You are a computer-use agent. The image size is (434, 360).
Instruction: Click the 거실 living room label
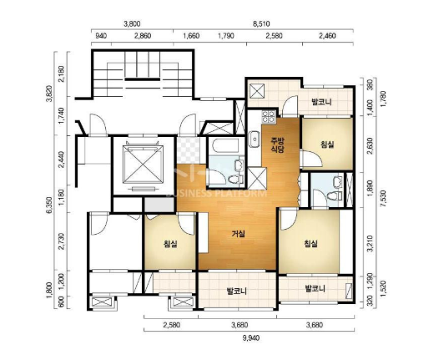[239, 234]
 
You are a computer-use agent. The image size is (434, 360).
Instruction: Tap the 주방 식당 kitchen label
[277, 145]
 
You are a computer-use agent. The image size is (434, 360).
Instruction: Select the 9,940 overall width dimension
[251, 338]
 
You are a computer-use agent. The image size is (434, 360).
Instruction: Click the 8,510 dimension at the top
[261, 24]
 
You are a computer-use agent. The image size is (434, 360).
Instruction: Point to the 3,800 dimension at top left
[132, 24]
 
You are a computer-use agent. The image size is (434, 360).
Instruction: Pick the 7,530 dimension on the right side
[384, 198]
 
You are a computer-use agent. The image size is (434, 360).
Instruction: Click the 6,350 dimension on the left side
[49, 205]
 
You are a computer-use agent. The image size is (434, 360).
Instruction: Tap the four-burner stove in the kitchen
[269, 117]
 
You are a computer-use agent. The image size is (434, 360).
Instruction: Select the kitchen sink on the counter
[254, 139]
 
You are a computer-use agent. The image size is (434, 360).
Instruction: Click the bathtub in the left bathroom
[225, 145]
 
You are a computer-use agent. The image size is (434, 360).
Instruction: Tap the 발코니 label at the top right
[321, 102]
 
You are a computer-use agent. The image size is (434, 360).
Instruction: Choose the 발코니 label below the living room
[237, 292]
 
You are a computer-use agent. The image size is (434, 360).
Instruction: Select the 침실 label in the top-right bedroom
[327, 145]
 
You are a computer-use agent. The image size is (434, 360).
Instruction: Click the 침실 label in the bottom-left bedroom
[170, 244]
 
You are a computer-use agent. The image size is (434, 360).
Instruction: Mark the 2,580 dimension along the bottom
[172, 325]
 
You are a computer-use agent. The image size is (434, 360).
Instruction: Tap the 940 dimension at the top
[101, 36]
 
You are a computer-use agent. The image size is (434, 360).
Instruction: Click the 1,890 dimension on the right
[370, 190]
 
